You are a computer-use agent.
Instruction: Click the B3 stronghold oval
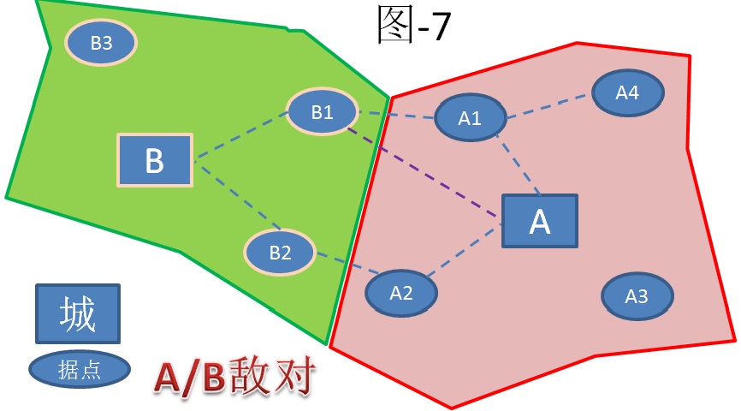coord(102,42)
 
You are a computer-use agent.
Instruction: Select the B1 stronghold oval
coord(322,111)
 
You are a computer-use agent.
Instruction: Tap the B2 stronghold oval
coord(281,252)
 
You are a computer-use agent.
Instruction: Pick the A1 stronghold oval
coord(470,119)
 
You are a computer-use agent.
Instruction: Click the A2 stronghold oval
coord(401,293)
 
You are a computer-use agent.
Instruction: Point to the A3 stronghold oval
coord(637,296)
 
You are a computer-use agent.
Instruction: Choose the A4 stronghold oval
coord(627,92)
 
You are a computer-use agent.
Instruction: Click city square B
coord(154,160)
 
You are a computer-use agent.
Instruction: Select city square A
coord(540,221)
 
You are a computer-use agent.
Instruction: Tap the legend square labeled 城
coord(77,314)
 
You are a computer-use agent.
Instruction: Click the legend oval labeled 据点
coord(79,369)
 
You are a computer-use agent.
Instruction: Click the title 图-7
coord(414,26)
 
